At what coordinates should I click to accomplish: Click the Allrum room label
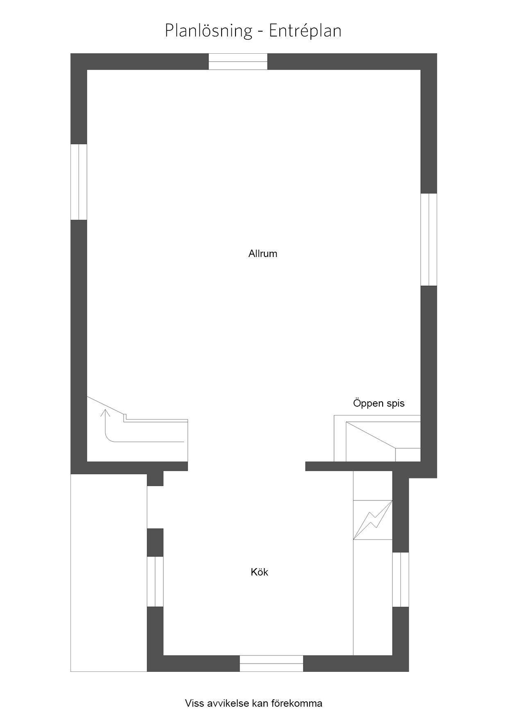coord(263,254)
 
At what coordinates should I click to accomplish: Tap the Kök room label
coord(259,572)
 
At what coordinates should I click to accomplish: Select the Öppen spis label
coord(379,403)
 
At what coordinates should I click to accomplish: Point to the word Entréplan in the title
coord(305,31)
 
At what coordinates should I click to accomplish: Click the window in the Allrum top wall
coord(238,62)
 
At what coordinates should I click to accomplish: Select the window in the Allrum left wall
coord(79,182)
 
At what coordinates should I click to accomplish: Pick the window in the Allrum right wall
coord(429,240)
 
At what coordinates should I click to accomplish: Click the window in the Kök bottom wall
coord(271,663)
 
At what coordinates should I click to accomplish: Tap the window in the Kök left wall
coord(155,582)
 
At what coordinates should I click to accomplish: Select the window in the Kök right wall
coord(401,580)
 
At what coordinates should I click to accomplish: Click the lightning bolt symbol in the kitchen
coord(372,520)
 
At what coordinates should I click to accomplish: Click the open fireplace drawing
coord(377,438)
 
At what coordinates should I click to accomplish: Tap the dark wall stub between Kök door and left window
coord(155,542)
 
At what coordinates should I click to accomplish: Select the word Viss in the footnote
coord(193,703)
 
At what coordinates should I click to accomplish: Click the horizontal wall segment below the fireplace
coord(363,466)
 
